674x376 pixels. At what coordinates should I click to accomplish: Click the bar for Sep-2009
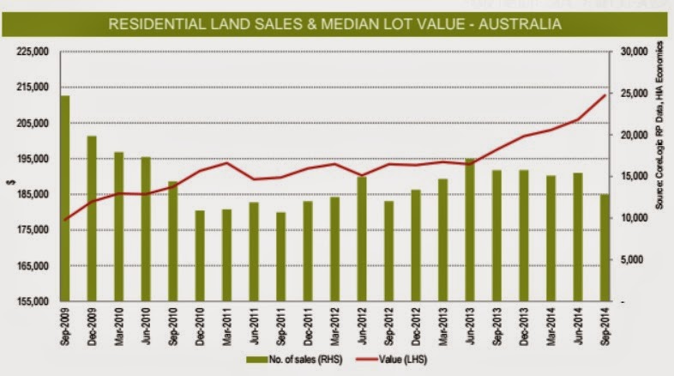(x=64, y=198)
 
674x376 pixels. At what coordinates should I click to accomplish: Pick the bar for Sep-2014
(x=604, y=248)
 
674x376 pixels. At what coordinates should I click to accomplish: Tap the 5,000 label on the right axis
(x=634, y=260)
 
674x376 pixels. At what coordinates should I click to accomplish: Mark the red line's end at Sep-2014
(x=605, y=94)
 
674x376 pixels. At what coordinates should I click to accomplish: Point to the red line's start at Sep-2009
(x=65, y=220)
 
